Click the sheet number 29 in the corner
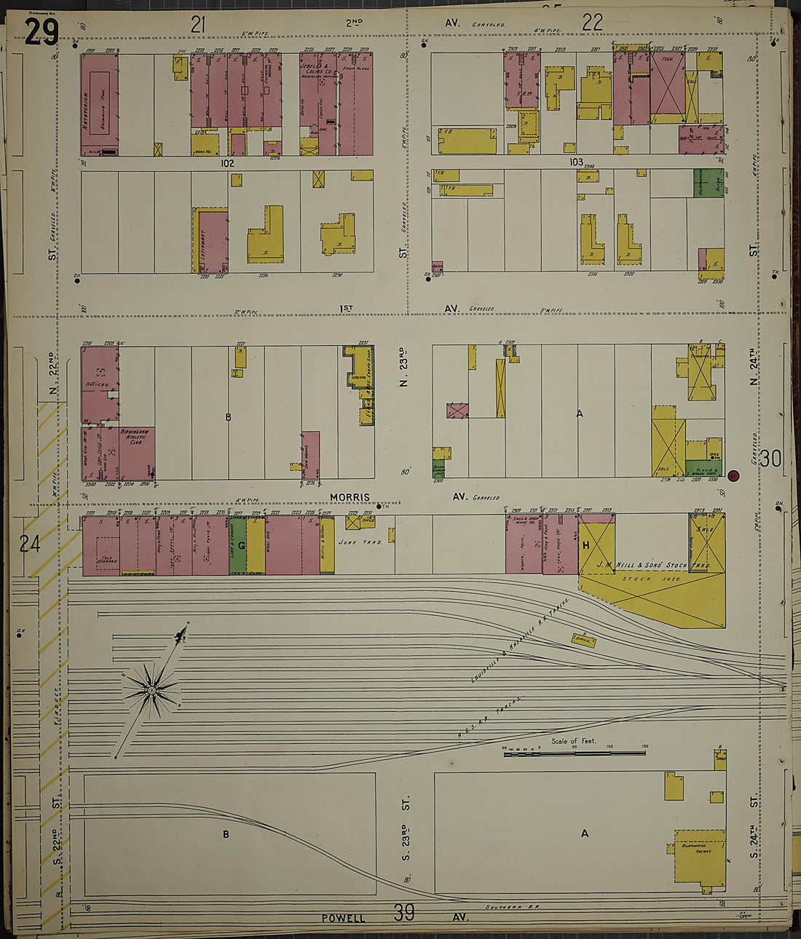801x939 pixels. [x=41, y=31]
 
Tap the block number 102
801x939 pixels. [x=227, y=163]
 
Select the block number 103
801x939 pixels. [x=576, y=162]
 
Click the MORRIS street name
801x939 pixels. [x=350, y=497]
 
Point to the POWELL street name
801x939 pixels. [x=343, y=918]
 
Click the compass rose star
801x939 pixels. [x=151, y=689]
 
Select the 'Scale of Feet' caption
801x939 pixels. [x=573, y=741]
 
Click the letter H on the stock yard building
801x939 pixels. [x=585, y=545]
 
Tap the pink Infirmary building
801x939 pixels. [x=211, y=240]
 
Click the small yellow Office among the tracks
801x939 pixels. [x=583, y=640]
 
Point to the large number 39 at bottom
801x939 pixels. [x=404, y=911]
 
